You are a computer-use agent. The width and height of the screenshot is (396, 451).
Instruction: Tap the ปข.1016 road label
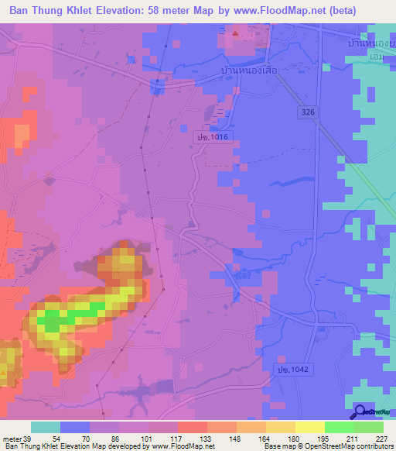point(207,136)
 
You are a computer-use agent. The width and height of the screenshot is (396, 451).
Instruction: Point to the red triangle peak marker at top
point(236,33)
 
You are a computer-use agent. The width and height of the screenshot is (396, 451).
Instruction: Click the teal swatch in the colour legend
point(46,427)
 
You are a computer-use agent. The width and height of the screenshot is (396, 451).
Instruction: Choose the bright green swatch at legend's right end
point(368,427)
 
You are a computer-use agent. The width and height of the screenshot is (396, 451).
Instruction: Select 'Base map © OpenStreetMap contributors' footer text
point(329,446)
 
